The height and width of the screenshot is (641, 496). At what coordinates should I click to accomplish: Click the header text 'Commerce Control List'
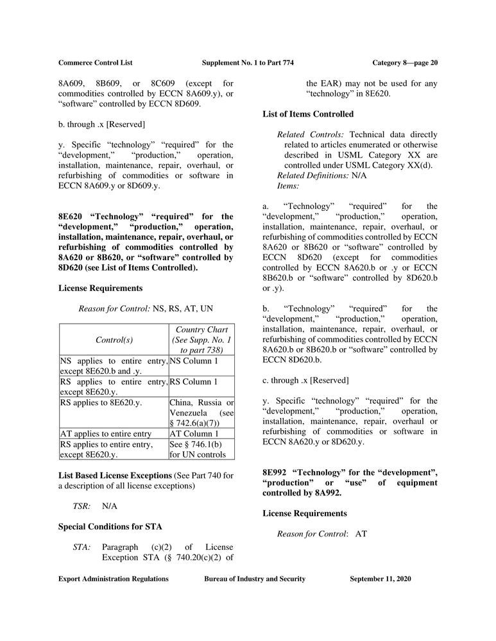pyautogui.click(x=94, y=62)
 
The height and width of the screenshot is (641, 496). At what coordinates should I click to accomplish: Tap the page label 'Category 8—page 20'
pyautogui.click(x=404, y=62)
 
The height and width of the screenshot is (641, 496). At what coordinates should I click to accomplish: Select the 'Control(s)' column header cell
pyautogui.click(x=114, y=340)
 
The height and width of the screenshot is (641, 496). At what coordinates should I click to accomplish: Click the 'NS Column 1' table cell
pyautogui.click(x=193, y=361)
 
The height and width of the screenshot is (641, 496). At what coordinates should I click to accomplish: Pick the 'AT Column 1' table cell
pyautogui.click(x=193, y=433)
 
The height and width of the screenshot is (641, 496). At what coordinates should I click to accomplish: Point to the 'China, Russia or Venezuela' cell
pyautogui.click(x=201, y=412)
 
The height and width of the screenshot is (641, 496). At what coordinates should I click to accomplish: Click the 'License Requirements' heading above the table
pyautogui.click(x=100, y=288)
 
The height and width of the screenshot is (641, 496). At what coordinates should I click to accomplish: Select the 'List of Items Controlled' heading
pyautogui.click(x=308, y=114)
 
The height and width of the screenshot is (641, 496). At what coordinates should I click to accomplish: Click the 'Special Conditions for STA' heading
pyautogui.click(x=110, y=527)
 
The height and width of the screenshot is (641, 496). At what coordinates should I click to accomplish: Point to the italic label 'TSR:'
pyautogui.click(x=81, y=506)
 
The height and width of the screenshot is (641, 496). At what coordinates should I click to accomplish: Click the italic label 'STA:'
pyautogui.click(x=81, y=547)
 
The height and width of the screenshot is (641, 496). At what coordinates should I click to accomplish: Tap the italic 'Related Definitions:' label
pyautogui.click(x=312, y=176)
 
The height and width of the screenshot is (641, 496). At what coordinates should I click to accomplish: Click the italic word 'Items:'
pyautogui.click(x=288, y=186)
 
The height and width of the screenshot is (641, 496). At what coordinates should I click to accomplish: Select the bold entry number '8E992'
pyautogui.click(x=277, y=473)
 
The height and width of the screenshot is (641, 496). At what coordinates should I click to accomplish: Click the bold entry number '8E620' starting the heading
pyautogui.click(x=73, y=217)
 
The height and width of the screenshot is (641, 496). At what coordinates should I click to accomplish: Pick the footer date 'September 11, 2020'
pyautogui.click(x=381, y=579)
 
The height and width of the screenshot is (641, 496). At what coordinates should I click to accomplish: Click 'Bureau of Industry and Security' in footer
pyautogui.click(x=255, y=579)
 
